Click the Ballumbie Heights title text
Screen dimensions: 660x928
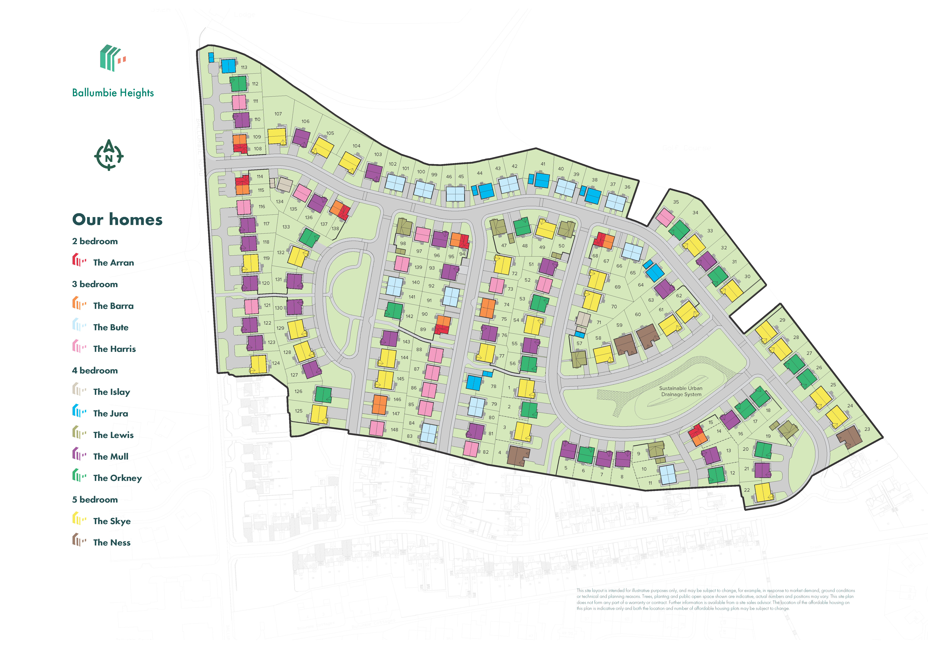click(x=113, y=93)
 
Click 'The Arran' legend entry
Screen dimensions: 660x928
click(x=113, y=263)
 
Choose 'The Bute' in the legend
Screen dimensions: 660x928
click(x=110, y=327)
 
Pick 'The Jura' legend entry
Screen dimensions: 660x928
click(x=110, y=413)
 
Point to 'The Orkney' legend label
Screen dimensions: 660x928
click(x=117, y=478)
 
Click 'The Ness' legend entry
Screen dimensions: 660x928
click(x=112, y=543)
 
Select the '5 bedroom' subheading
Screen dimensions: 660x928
click(x=95, y=499)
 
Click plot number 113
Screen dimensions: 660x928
click(x=244, y=67)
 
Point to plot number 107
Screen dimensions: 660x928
click(x=278, y=114)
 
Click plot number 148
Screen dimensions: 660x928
click(x=394, y=429)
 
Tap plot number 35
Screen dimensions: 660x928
click(x=676, y=202)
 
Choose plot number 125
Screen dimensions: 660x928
click(x=299, y=411)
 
